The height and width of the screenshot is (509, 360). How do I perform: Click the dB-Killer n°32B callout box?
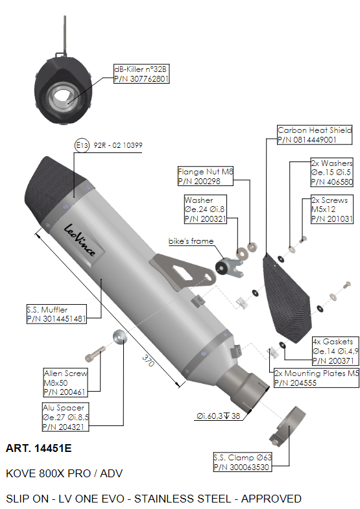(x=141, y=74)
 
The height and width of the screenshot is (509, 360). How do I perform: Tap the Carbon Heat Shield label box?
(x=315, y=135)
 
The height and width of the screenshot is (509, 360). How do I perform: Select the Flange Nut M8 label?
(x=206, y=176)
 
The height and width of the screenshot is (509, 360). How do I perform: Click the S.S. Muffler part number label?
(x=56, y=314)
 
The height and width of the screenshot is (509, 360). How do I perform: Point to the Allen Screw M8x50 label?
(x=66, y=383)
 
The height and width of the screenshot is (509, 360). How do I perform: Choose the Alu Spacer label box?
(x=66, y=417)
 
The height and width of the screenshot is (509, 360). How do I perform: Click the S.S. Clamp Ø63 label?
(x=243, y=462)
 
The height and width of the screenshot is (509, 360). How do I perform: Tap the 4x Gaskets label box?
(x=335, y=351)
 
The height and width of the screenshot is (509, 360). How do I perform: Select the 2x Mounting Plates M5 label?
(x=317, y=378)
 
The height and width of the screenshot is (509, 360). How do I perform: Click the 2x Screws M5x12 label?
(x=331, y=209)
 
